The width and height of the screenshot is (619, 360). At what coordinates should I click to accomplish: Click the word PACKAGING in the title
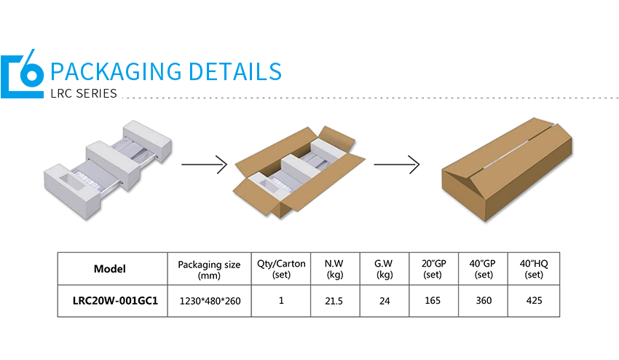coord(116,71)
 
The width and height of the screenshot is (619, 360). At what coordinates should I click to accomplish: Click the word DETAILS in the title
coord(235,71)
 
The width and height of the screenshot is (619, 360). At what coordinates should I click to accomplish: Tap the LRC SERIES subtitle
coord(84,93)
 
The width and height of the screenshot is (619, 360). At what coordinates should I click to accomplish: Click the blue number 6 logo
coord(22,74)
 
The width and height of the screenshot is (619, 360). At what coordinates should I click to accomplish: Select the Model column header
coord(110,269)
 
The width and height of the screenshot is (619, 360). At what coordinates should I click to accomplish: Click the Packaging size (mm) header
coord(209,270)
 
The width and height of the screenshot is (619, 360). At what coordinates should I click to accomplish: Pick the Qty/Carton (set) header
coord(281,269)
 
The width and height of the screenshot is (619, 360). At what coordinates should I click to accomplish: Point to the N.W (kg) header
coord(335,269)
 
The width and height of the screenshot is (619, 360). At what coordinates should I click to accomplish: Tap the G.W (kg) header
coord(384,269)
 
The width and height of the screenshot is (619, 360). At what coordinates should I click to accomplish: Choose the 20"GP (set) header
coord(433,269)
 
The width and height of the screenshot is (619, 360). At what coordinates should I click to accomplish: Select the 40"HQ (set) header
coord(534,269)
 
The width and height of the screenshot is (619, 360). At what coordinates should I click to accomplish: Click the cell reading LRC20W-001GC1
coord(115,301)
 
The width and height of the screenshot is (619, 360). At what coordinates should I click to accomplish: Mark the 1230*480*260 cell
coord(210,301)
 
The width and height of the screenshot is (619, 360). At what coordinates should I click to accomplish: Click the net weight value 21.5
coord(334,301)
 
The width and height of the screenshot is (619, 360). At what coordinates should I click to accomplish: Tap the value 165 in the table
coord(433,301)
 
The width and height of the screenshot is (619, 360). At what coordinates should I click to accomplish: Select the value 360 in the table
coord(484,301)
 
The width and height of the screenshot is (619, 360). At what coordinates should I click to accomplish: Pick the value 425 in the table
coord(534,301)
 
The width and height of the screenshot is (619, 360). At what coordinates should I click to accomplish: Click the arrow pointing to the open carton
coord(205,165)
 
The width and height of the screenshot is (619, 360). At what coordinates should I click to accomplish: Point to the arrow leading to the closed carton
coord(397,165)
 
